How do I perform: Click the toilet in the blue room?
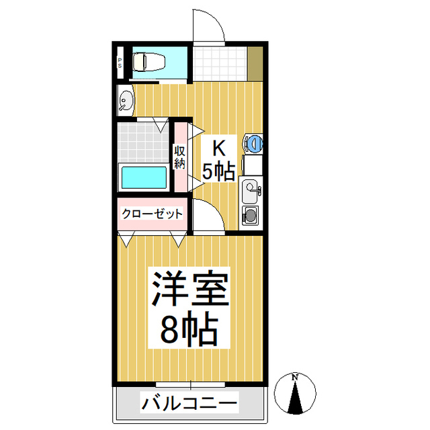point(148,62)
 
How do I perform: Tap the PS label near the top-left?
point(120,63)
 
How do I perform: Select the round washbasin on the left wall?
point(126,100)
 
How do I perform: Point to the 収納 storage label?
point(180,157)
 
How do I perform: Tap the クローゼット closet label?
point(153,214)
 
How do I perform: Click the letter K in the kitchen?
point(219,148)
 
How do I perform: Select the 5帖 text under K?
point(218,172)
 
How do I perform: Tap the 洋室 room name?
point(190,288)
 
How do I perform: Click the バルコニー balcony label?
point(189,402)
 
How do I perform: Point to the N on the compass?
point(295,378)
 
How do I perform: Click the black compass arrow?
point(295,397)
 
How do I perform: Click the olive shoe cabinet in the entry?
point(255,64)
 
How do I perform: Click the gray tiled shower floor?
point(143,142)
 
